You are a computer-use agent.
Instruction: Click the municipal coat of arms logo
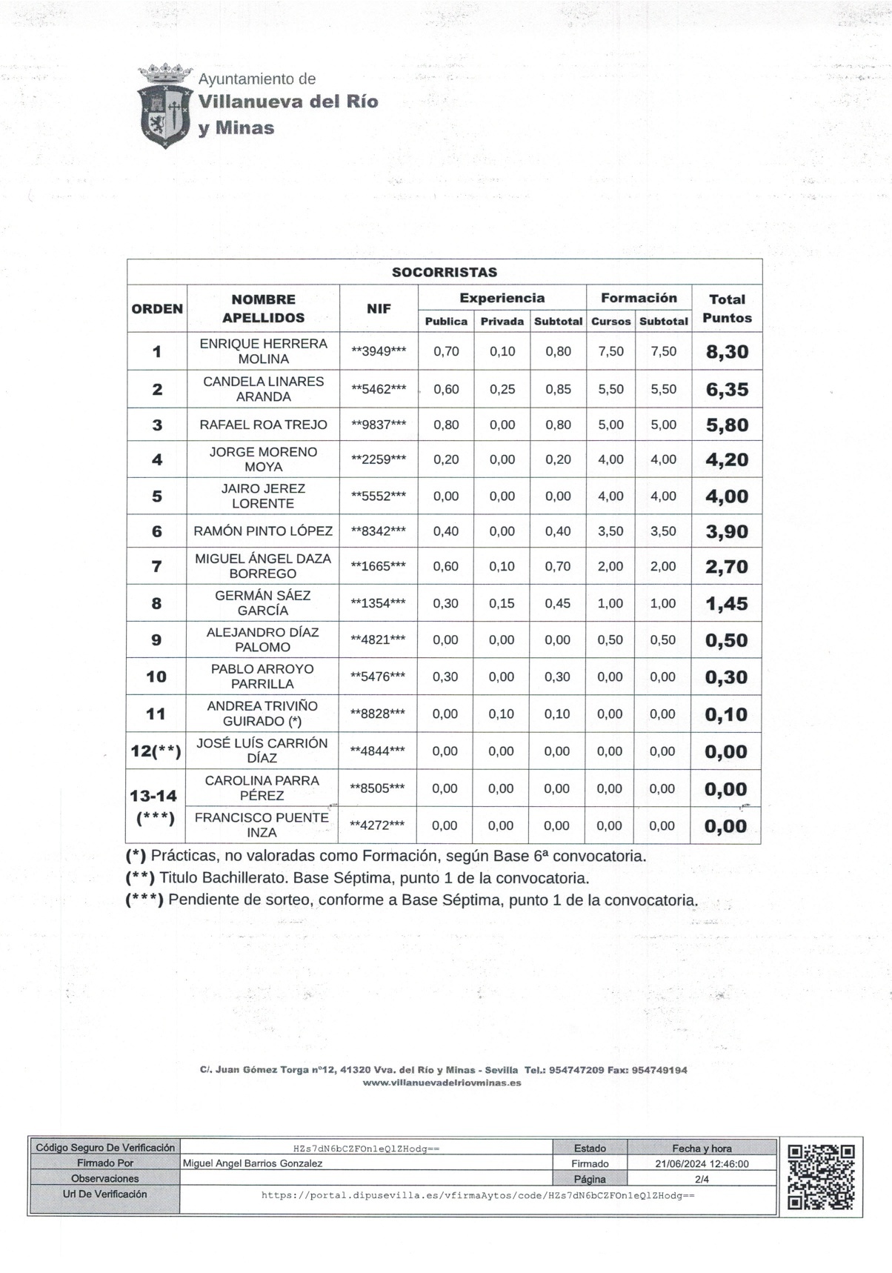click(x=164, y=105)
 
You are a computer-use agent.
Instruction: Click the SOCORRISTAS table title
click(x=445, y=272)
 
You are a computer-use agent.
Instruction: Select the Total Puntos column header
click(x=727, y=308)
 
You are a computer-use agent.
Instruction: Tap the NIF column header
click(x=379, y=308)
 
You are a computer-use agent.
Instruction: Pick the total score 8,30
click(x=727, y=352)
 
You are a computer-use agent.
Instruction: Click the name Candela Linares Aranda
click(x=263, y=389)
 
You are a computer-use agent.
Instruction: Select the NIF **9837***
click(x=379, y=425)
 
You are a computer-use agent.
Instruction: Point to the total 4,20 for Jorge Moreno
click(x=727, y=459)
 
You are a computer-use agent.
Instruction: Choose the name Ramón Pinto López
click(x=263, y=531)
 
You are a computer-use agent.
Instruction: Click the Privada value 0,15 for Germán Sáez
click(x=502, y=603)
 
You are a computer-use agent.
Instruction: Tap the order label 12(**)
click(x=156, y=751)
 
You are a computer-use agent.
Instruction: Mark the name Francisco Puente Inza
click(x=262, y=825)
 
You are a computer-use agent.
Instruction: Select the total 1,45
click(x=726, y=604)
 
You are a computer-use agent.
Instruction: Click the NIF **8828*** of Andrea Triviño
click(x=378, y=714)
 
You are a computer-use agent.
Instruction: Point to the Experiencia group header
click(x=502, y=298)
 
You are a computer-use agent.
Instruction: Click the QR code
click(x=821, y=1177)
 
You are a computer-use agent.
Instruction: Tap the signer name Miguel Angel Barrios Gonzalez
click(x=253, y=1163)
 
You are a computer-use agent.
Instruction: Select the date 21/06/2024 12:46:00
click(x=702, y=1163)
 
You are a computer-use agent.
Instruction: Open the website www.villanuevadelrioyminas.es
click(x=442, y=1083)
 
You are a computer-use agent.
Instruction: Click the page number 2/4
click(x=702, y=1179)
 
